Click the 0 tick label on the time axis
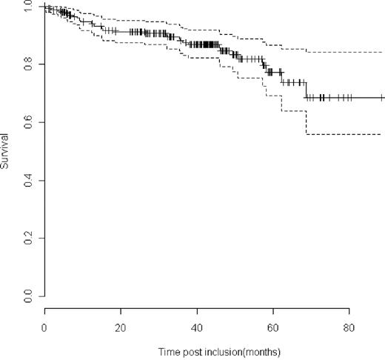pos(44,325)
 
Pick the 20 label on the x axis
pos(121,325)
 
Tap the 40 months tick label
pos(197,325)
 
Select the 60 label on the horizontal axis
pos(273,325)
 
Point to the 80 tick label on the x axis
pos(349,325)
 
